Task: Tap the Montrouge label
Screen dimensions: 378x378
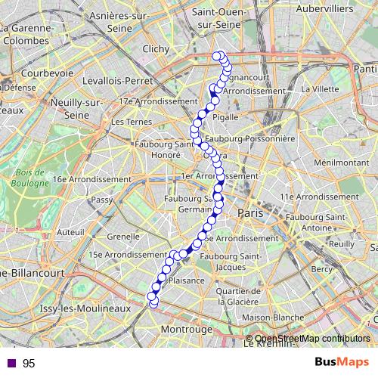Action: pyautogui.click(x=187, y=330)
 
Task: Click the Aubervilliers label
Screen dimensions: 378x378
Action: pyautogui.click(x=325, y=8)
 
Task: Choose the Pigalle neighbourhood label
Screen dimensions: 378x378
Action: pyautogui.click(x=225, y=117)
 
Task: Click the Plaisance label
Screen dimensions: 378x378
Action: pyautogui.click(x=186, y=280)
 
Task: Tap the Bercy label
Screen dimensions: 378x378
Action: pyautogui.click(x=321, y=269)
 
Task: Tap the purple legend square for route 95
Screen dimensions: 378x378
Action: pyautogui.click(x=11, y=363)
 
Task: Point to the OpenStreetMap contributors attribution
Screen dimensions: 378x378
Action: pyautogui.click(x=311, y=338)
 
